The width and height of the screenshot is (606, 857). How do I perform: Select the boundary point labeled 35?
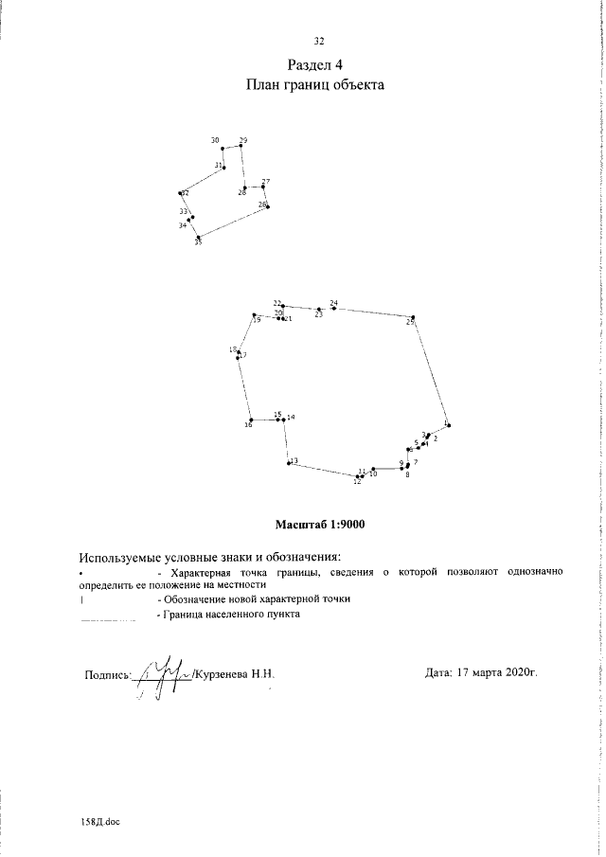(198, 237)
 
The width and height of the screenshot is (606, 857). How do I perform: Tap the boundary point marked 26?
(268, 205)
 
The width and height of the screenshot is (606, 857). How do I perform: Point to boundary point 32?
(180, 193)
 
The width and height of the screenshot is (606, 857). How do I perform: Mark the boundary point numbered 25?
(413, 317)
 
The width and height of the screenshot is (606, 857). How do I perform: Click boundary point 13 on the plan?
(289, 463)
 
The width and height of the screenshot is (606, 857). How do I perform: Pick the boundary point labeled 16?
(250, 420)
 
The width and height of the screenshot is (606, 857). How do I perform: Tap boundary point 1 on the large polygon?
(447, 425)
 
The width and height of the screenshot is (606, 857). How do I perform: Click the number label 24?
(333, 303)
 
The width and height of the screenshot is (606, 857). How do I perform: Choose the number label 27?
(266, 181)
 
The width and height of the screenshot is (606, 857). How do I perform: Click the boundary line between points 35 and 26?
(233, 222)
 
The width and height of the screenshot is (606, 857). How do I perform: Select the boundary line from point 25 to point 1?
(430, 371)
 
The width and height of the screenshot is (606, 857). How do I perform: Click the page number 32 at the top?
(319, 40)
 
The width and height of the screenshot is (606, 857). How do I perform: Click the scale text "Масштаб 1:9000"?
(320, 524)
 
